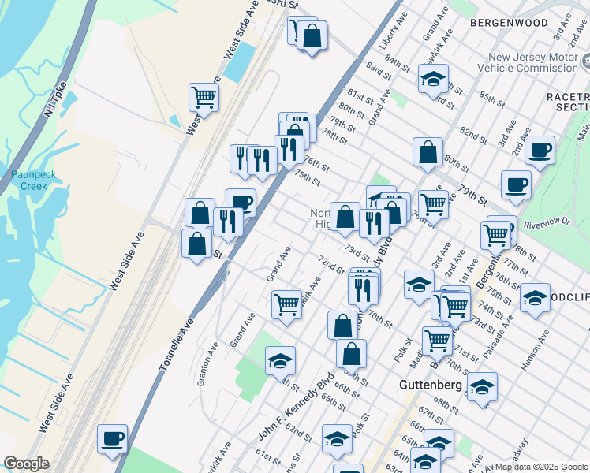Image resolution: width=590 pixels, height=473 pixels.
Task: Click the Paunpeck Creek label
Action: [x=28, y=180]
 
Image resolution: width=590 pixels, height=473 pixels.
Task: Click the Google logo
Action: [x=25, y=464]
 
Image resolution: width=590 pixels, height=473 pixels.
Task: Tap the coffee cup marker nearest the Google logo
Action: [x=112, y=438]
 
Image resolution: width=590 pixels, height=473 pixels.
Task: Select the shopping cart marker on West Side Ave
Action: [x=204, y=98]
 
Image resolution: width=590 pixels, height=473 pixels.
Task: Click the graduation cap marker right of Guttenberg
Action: [x=482, y=387]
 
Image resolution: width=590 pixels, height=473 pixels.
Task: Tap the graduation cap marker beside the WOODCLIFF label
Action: [x=535, y=298]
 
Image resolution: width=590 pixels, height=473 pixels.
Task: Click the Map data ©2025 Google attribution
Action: [x=541, y=467]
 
